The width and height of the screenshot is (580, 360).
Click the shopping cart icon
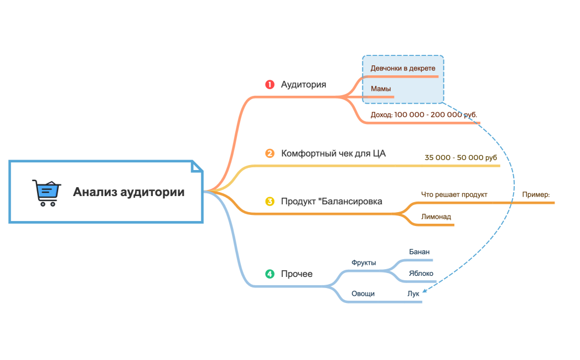(46, 192)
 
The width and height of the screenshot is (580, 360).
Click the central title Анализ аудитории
(129, 192)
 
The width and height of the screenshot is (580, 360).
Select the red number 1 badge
(270, 85)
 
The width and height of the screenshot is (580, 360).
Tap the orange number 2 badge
(270, 153)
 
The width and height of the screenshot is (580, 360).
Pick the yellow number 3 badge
(270, 201)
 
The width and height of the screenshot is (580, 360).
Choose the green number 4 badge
(270, 274)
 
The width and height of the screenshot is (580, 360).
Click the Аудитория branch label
(303, 85)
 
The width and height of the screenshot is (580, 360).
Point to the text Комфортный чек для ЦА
(333, 153)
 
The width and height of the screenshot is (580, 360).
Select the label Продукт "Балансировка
(332, 201)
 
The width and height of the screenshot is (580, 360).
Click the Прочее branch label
(297, 274)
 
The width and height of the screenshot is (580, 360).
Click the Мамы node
(381, 89)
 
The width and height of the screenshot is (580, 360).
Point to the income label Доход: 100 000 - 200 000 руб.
(423, 115)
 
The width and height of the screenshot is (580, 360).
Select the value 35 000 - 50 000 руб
(461, 158)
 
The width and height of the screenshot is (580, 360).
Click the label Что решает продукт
(454, 195)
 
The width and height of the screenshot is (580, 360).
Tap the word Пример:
(536, 195)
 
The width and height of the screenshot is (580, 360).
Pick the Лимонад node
(436, 217)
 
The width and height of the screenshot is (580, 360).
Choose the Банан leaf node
(420, 252)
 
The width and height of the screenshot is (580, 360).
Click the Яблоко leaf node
(421, 274)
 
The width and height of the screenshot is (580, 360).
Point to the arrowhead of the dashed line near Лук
(423, 290)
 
